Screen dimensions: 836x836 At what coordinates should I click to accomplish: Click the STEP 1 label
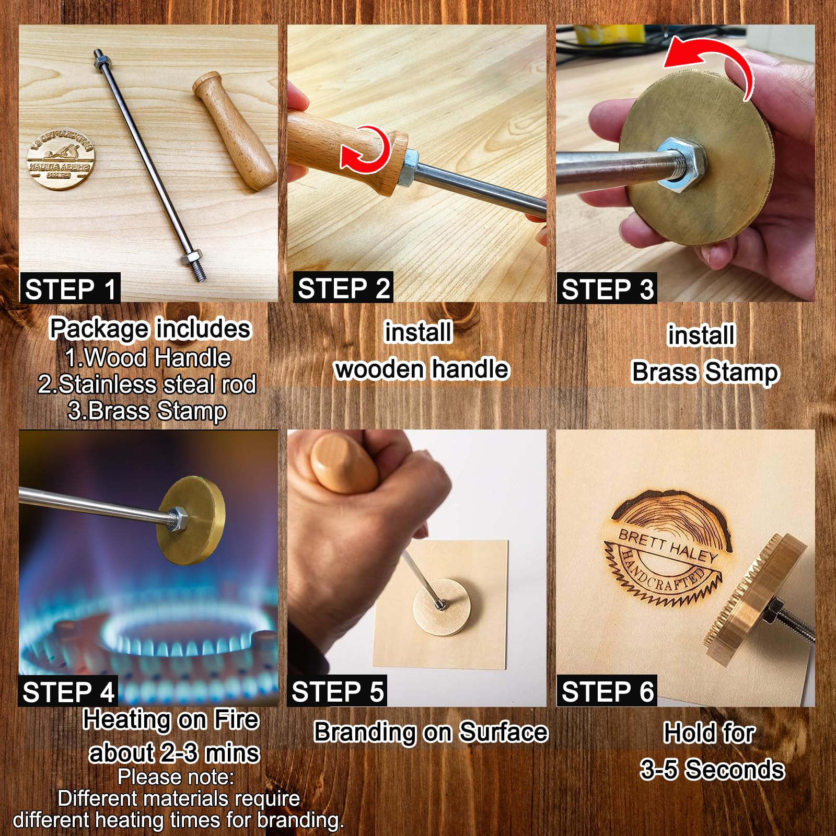[71, 289]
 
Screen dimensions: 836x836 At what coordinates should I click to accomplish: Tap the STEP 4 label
[68, 692]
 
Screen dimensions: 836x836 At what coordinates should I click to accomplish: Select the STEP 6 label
[607, 692]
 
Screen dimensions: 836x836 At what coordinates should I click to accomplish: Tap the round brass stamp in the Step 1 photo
[61, 158]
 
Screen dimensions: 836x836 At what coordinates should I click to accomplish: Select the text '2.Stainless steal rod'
[147, 385]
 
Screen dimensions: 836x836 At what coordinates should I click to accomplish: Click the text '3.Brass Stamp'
[147, 411]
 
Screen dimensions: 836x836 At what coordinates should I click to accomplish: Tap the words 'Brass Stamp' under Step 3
[705, 373]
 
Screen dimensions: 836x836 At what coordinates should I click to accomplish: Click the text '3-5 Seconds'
[712, 770]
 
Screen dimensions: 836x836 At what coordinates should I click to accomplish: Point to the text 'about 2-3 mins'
[174, 753]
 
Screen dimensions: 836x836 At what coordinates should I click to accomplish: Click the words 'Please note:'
[176, 777]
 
